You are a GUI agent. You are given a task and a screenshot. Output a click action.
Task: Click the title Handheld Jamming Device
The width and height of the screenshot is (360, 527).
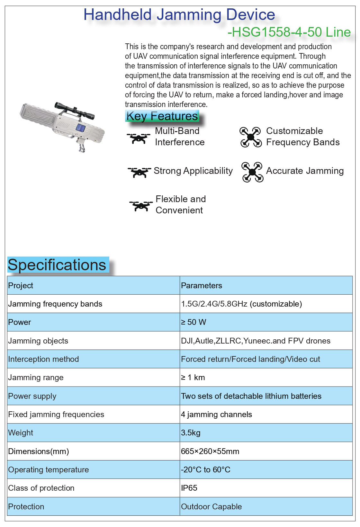click(179, 15)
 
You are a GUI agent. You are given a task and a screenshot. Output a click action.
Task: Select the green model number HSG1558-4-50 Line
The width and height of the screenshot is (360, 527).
click(289, 32)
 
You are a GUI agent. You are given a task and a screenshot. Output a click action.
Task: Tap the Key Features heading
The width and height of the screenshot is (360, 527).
click(162, 116)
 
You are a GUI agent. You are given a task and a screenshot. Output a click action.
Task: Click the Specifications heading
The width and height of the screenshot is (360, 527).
click(57, 265)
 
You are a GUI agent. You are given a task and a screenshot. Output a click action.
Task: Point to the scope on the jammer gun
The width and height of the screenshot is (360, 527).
click(74, 110)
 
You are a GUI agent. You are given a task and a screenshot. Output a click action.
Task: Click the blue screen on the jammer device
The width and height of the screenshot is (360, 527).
click(80, 128)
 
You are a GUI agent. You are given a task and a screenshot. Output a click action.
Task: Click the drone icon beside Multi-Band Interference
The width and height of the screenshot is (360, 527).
click(139, 138)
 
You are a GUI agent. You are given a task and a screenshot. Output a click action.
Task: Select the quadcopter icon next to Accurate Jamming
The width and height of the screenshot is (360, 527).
click(252, 172)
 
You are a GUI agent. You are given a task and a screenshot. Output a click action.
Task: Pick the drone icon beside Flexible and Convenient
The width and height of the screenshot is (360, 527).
click(141, 205)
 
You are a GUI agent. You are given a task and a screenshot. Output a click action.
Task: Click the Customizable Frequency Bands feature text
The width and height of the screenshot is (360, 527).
click(302, 137)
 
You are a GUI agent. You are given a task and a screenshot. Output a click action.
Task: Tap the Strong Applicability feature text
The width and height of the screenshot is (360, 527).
click(193, 171)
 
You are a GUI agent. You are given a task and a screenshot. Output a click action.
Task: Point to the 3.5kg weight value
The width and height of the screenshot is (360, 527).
click(191, 433)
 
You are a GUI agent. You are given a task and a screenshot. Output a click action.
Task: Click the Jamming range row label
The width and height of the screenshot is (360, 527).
click(36, 378)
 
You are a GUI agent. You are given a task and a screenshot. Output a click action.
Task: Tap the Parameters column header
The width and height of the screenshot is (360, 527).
click(202, 286)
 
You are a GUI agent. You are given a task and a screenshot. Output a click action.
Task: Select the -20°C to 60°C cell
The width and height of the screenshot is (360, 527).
click(206, 470)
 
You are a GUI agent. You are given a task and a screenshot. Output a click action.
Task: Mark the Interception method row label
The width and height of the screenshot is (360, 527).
click(43, 359)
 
